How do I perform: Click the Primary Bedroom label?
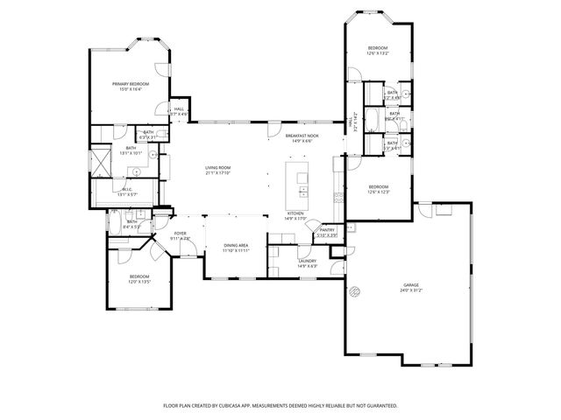(x=131, y=83)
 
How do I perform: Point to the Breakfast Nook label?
(x=302, y=136)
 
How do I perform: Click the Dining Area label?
(x=236, y=246)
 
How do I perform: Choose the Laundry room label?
(x=307, y=261)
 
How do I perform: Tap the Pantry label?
(x=327, y=229)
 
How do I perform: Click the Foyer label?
(x=180, y=233)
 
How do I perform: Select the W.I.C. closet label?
(x=128, y=189)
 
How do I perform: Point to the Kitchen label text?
(x=295, y=213)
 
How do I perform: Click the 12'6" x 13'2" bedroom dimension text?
(x=377, y=53)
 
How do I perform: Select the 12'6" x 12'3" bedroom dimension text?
(x=379, y=192)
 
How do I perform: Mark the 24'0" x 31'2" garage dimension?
(x=410, y=290)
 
